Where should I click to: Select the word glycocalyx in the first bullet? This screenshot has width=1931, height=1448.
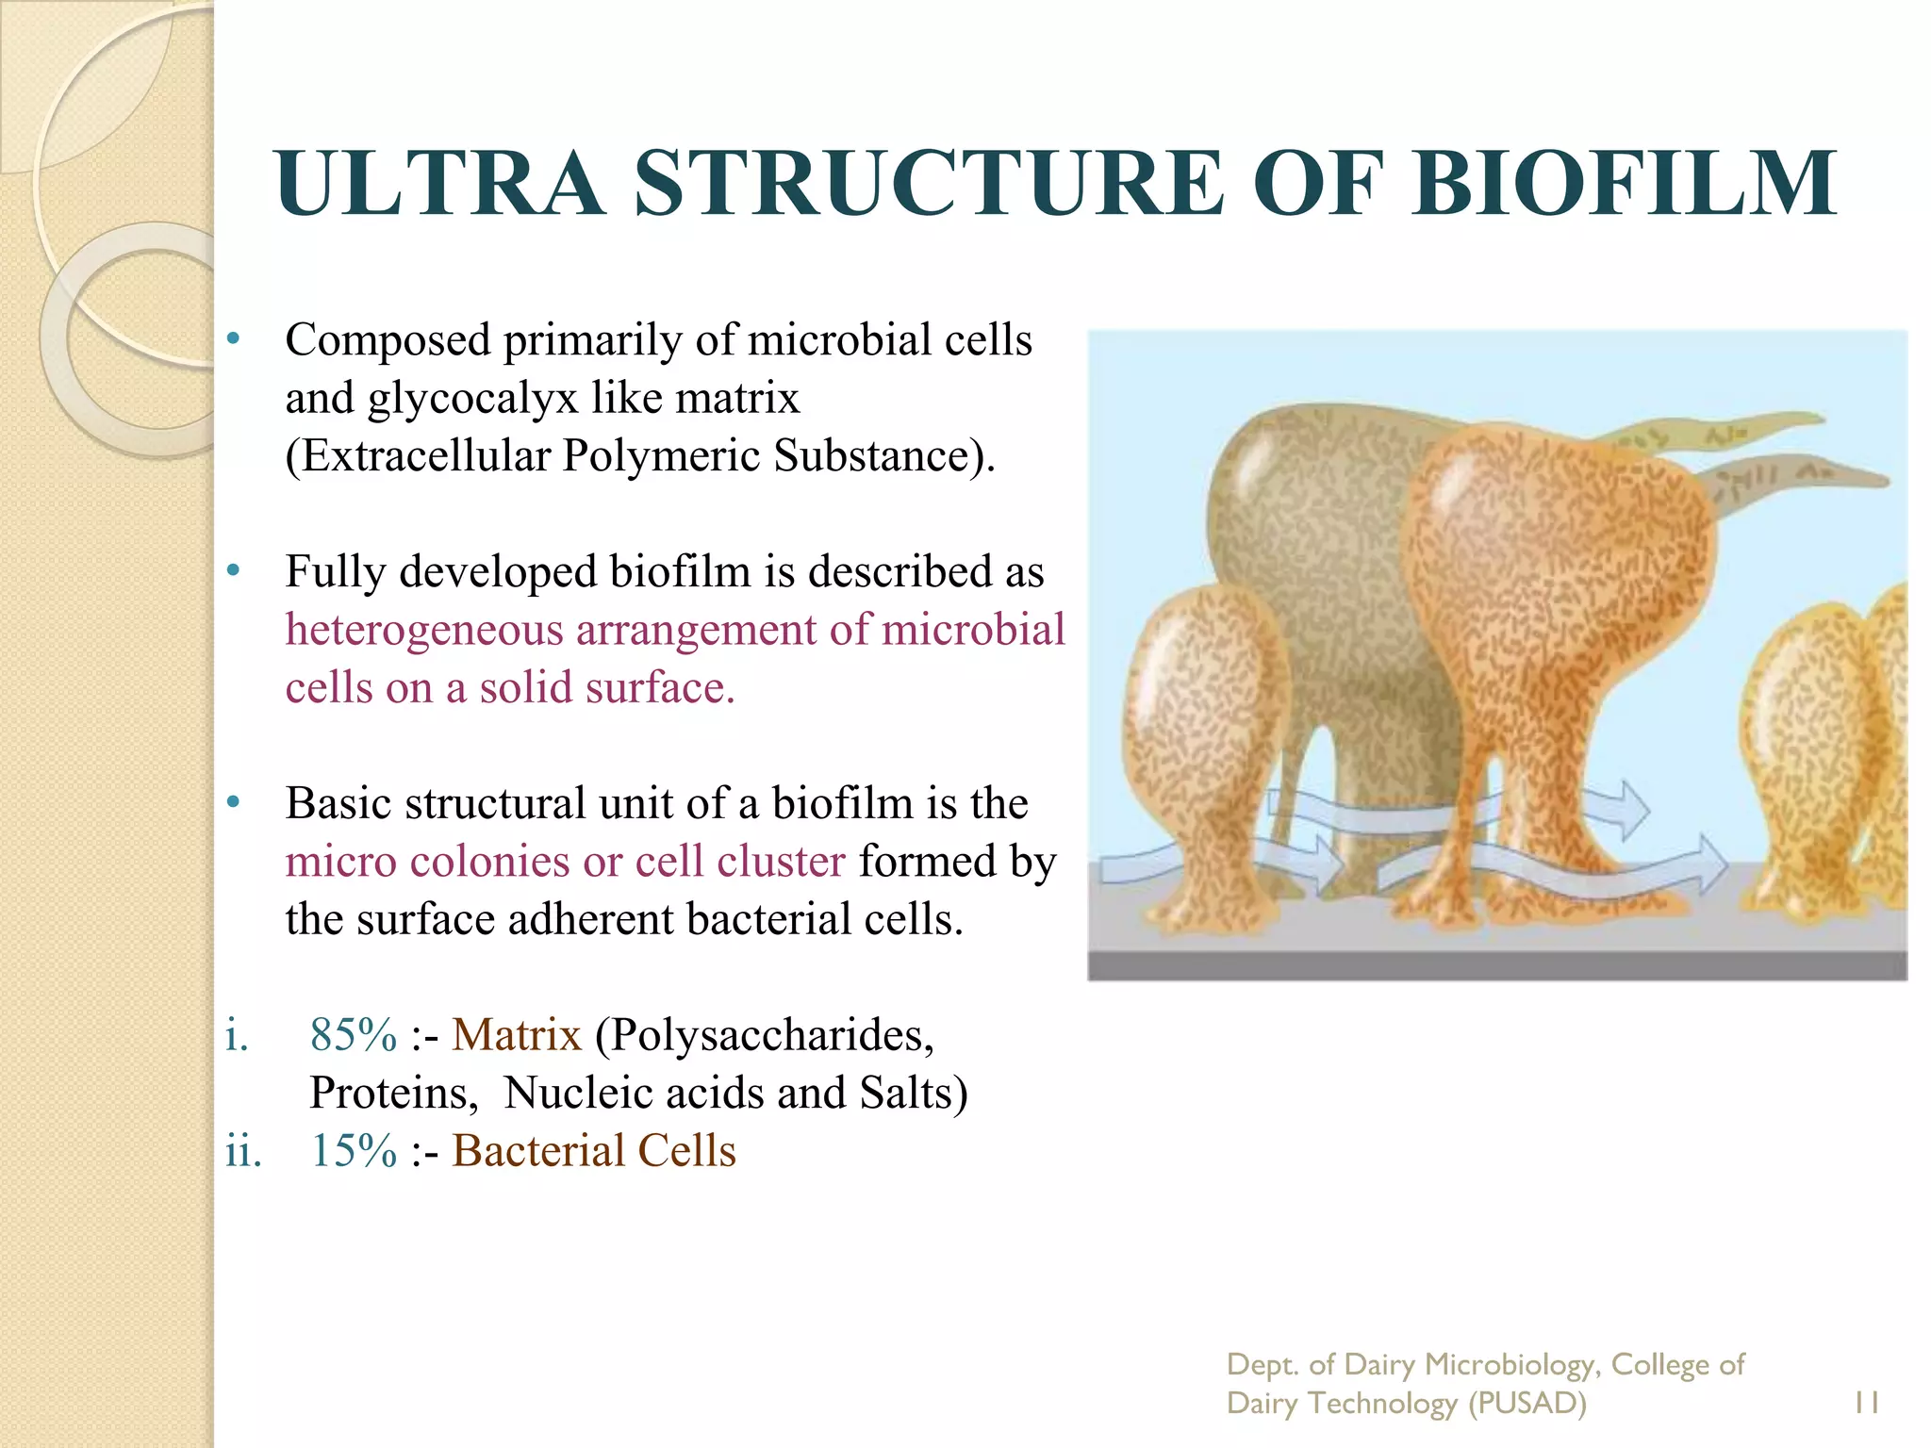pos(471,398)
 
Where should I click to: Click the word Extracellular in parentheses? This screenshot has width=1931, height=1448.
pos(424,456)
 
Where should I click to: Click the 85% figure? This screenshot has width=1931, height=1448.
pos(354,1035)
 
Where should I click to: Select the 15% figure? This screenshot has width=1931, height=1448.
pos(354,1151)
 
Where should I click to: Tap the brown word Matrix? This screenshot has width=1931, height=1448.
pos(516,1035)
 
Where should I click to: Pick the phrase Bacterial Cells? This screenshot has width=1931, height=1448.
pos(593,1151)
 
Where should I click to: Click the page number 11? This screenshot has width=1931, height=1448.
pos(1866,1403)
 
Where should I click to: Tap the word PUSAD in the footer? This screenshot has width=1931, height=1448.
pos(1527,1404)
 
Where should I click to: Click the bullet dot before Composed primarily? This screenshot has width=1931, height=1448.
pos(234,338)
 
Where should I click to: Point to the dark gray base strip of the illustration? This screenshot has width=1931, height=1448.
pos(1496,966)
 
